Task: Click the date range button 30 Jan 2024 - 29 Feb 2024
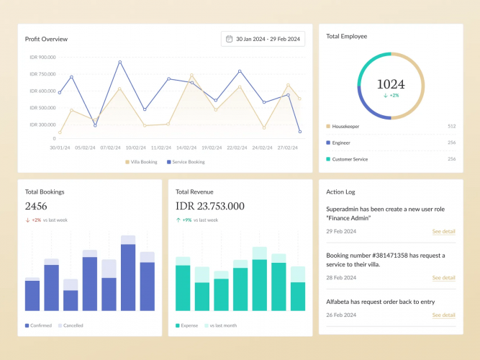(x=263, y=39)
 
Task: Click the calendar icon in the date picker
(x=230, y=39)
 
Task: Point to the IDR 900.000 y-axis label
(x=43, y=57)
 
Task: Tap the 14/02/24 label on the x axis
(x=186, y=147)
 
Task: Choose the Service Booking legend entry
(x=186, y=162)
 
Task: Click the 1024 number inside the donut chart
(x=391, y=84)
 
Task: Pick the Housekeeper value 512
(x=451, y=126)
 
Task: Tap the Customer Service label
(x=350, y=159)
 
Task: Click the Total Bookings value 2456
(x=36, y=206)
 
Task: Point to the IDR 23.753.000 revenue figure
(x=210, y=206)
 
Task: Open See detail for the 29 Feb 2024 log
(x=443, y=231)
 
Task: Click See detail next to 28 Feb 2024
(x=443, y=277)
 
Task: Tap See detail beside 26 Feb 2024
(x=443, y=315)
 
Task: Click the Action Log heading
(x=340, y=192)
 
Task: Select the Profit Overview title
(x=46, y=39)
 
